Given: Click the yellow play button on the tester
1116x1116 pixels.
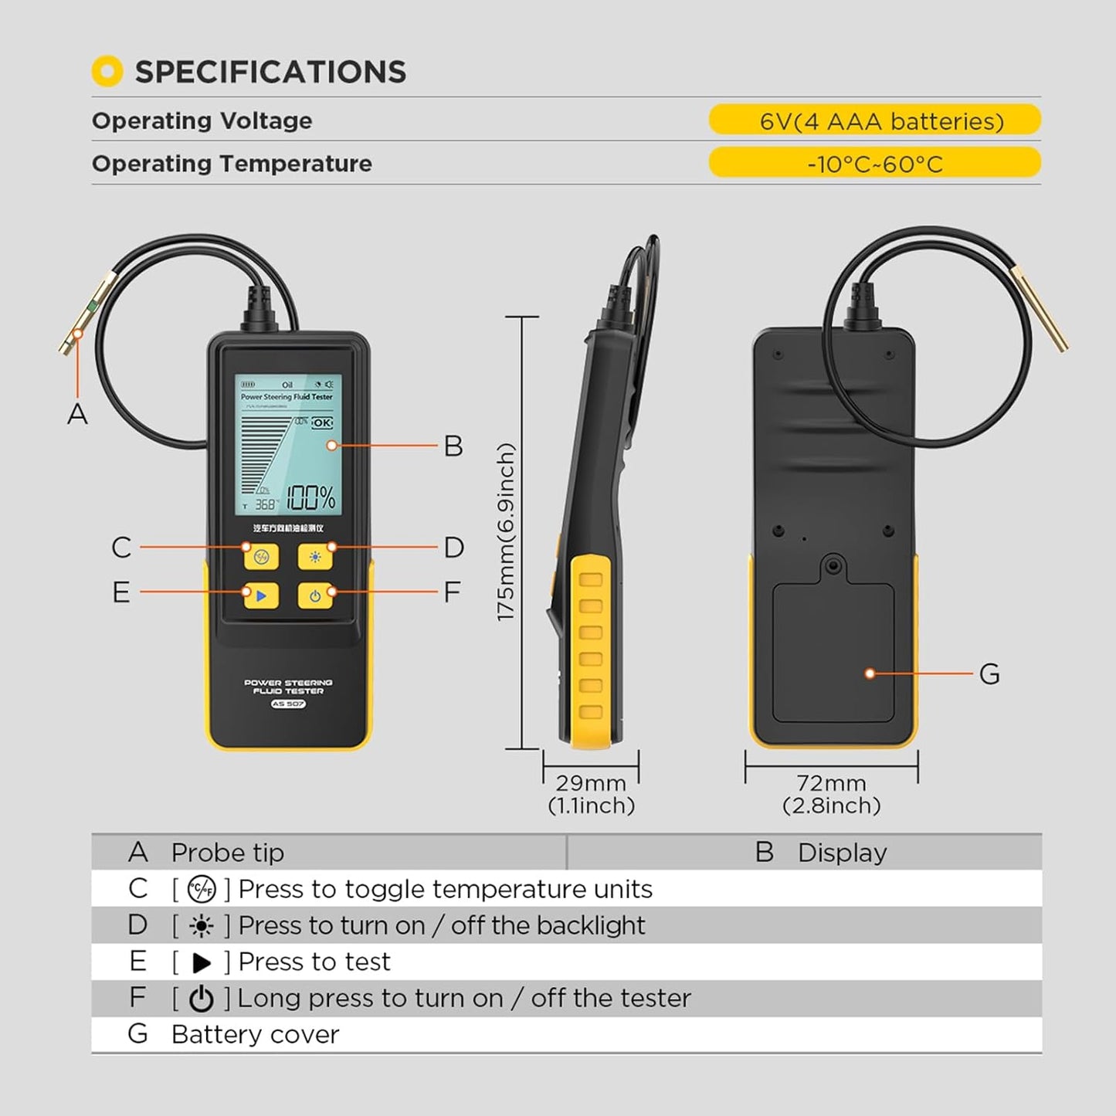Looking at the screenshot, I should pyautogui.click(x=261, y=595).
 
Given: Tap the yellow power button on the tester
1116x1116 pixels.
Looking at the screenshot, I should pyautogui.click(x=315, y=595).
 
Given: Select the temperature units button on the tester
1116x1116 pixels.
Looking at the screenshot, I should pyautogui.click(x=261, y=556).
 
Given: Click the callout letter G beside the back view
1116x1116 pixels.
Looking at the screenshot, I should pyautogui.click(x=989, y=674).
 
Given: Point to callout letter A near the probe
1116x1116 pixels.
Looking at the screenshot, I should pyautogui.click(x=77, y=415).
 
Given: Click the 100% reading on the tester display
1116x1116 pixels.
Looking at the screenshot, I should pyautogui.click(x=311, y=498).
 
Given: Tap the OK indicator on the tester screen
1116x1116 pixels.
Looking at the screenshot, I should pyautogui.click(x=322, y=422).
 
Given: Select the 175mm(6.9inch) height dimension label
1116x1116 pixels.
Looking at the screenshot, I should pyautogui.click(x=505, y=532).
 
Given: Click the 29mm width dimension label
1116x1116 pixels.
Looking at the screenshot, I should pyautogui.click(x=591, y=783).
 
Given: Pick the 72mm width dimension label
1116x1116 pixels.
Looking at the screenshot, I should pyautogui.click(x=831, y=783).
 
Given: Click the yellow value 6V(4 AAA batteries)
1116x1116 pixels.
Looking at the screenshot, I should pyautogui.click(x=881, y=121).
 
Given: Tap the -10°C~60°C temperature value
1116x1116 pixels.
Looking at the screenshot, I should pyautogui.click(x=874, y=165).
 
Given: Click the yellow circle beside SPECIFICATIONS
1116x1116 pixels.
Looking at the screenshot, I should pyautogui.click(x=107, y=72).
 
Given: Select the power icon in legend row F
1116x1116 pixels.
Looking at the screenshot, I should pyautogui.click(x=202, y=999).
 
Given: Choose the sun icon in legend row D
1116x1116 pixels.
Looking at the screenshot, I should pyautogui.click(x=202, y=926).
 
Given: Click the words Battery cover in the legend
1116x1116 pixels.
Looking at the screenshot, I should pyautogui.click(x=255, y=1035).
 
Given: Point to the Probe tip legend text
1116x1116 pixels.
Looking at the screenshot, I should pyautogui.click(x=227, y=853).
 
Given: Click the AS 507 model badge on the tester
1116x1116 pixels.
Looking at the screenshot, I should pyautogui.click(x=288, y=704).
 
